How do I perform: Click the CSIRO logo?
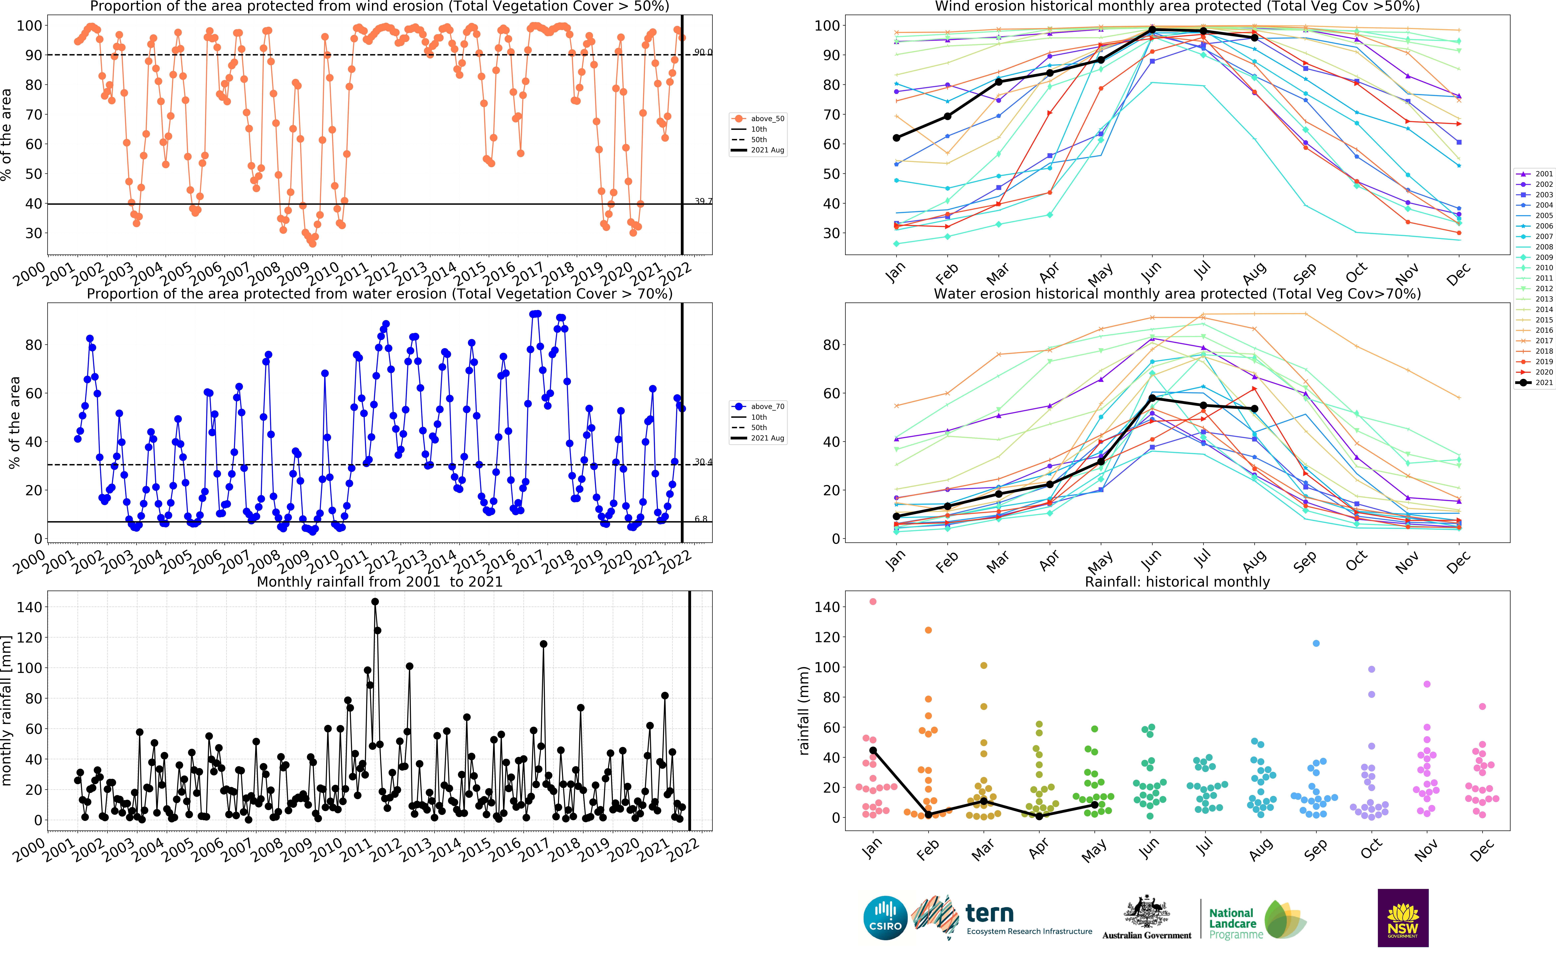(885, 918)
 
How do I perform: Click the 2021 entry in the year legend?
(1534, 383)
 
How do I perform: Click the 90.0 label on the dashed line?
(703, 52)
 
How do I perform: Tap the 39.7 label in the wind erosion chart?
(703, 201)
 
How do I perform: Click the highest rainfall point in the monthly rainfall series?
(375, 602)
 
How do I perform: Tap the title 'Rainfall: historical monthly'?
(1178, 582)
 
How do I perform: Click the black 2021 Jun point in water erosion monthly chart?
(1152, 398)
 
